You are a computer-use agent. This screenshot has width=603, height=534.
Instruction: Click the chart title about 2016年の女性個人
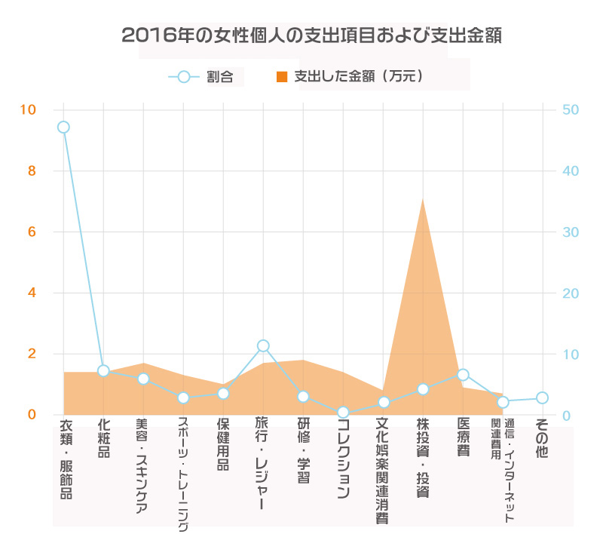301,35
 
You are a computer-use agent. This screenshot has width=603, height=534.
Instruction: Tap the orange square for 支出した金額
283,76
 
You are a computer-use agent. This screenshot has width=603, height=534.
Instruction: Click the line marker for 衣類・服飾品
63,127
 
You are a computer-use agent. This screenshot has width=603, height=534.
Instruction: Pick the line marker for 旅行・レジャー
263,346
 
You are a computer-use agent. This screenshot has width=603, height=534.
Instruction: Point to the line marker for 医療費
463,375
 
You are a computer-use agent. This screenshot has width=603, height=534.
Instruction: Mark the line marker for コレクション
343,413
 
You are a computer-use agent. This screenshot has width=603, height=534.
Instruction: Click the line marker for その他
542,397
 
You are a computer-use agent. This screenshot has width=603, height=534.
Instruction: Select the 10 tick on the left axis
28,110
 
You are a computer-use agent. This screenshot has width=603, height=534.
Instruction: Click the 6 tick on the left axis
32,232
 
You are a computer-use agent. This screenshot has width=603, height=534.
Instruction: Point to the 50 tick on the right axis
571,110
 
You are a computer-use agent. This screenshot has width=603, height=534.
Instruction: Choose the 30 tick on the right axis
571,232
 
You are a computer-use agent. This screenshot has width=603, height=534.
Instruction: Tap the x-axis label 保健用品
223,445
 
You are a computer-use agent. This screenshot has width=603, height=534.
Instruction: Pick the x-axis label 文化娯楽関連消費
382,471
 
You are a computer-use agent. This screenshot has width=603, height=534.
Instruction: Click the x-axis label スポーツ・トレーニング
183,475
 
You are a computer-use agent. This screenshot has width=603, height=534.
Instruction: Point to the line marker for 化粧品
103,371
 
